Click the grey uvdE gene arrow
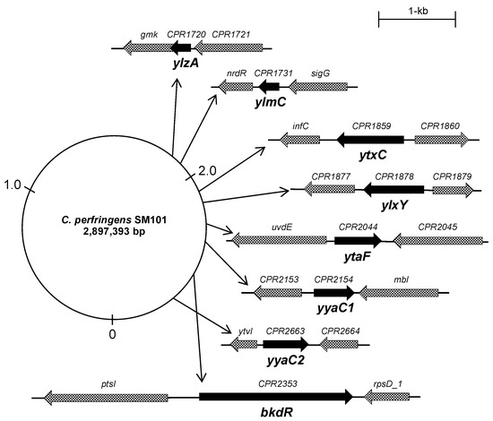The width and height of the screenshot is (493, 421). pyautogui.click(x=278, y=240)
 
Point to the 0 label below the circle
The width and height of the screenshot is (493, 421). pyautogui.click(x=112, y=333)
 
